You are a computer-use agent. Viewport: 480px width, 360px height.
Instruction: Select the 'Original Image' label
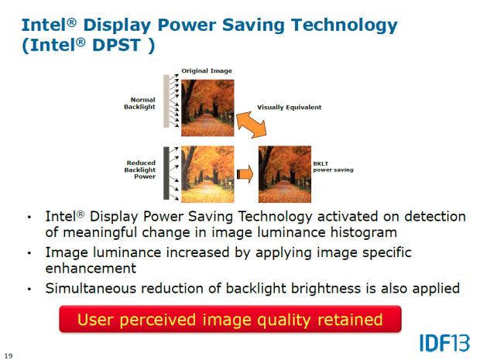(x=207, y=70)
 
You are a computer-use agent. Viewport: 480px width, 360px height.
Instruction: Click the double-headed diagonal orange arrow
(x=249, y=122)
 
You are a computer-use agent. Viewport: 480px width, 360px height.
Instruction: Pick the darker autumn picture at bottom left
(x=207, y=169)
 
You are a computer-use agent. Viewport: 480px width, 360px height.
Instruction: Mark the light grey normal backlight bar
(x=166, y=101)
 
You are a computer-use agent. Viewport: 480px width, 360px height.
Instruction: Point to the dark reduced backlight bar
(x=166, y=168)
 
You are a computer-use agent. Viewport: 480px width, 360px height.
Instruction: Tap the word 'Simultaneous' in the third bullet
(x=87, y=288)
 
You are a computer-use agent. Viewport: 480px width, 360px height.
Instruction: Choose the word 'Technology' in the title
(x=338, y=25)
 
